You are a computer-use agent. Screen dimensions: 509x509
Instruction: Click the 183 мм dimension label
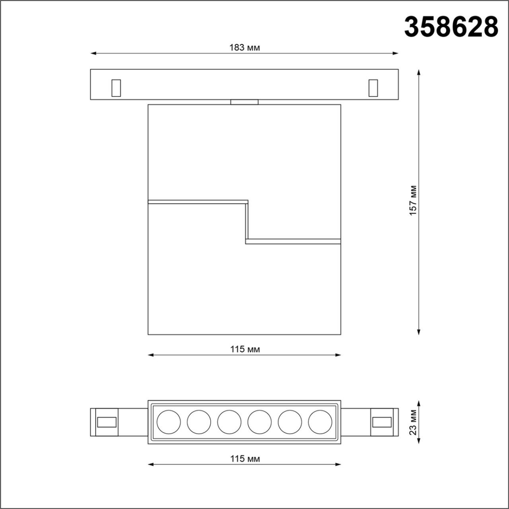click(244, 48)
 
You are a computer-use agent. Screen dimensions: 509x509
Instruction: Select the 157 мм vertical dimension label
click(413, 202)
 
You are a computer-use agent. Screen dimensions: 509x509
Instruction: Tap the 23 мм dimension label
click(413, 422)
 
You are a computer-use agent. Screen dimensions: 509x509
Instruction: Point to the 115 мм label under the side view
click(244, 349)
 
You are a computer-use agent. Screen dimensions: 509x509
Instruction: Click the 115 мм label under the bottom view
click(244, 459)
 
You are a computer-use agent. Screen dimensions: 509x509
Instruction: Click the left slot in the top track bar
click(116, 88)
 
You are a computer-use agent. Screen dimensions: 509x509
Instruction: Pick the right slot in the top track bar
click(373, 88)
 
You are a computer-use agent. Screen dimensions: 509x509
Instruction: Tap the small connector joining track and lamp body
click(244, 102)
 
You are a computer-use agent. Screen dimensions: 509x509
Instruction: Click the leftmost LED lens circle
click(168, 421)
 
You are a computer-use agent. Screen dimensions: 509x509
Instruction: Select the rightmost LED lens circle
click(320, 421)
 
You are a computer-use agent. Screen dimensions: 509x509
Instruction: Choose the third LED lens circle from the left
click(229, 421)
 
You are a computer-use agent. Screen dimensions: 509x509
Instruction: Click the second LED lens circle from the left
click(199, 421)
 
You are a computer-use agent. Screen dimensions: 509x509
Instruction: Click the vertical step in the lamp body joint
click(247, 221)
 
